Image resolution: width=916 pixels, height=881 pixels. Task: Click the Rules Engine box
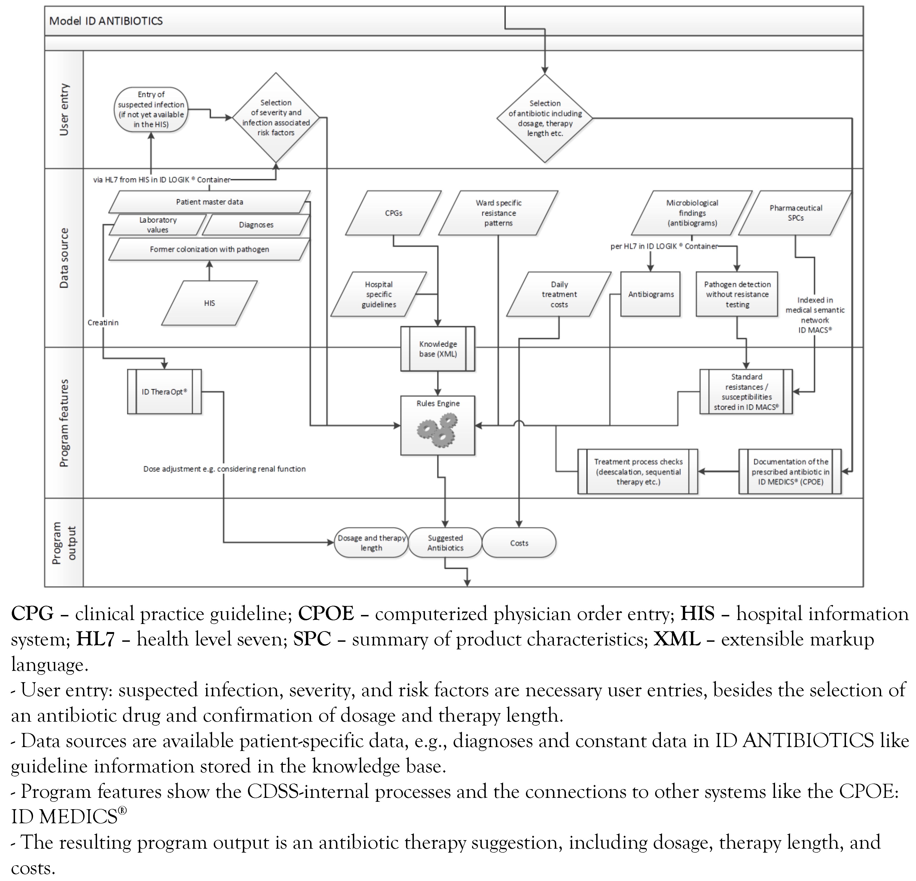tap(437, 425)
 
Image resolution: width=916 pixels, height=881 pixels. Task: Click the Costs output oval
tap(519, 543)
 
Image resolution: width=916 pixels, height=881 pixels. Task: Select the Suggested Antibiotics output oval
tap(445, 543)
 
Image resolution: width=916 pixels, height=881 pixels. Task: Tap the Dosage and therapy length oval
tap(371, 543)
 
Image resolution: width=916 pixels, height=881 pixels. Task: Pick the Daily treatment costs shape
tap(559, 294)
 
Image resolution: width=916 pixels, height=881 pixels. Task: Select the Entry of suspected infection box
tap(151, 109)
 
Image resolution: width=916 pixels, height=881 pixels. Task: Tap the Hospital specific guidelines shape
tap(379, 294)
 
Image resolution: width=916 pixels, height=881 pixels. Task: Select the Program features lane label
tap(64, 423)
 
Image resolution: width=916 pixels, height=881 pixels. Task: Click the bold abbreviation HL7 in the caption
tap(95, 639)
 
